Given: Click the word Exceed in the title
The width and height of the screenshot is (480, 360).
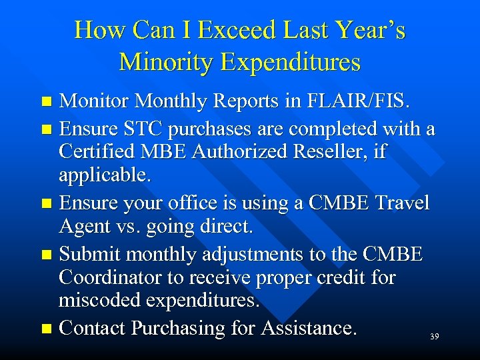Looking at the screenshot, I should (x=228, y=30).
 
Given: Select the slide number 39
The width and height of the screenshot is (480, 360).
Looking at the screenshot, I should (x=434, y=337).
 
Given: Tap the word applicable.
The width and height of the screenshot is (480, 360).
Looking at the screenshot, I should (x=105, y=176).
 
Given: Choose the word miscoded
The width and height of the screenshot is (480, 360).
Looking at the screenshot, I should (x=107, y=301).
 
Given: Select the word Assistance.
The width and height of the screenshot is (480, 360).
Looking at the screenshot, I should (x=309, y=328).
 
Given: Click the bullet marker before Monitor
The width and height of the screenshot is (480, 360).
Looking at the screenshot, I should (x=46, y=103).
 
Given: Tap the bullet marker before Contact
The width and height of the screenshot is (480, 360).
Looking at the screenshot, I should (x=46, y=329).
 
